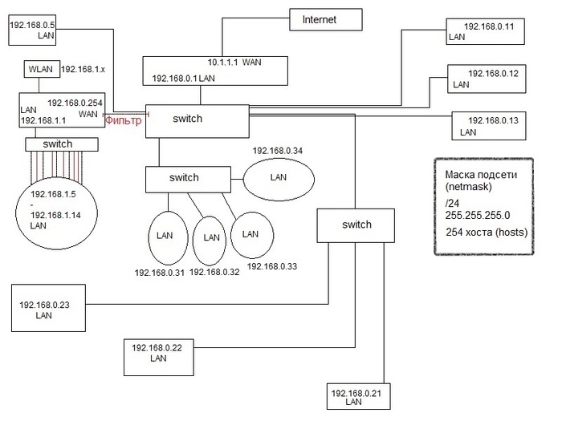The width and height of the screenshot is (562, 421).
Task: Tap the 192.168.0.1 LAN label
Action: coord(184,78)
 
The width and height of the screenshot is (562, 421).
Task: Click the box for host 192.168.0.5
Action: coord(33,30)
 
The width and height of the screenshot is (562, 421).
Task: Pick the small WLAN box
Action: coord(39,70)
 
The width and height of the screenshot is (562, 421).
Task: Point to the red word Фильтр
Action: coord(124,121)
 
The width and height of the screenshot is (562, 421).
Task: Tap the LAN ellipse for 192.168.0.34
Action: coord(279,176)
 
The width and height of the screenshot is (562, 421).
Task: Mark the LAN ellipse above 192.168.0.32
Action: coord(211,237)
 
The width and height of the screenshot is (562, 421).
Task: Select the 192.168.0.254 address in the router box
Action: coord(73,103)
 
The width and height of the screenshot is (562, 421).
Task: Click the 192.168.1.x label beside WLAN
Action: coord(83,70)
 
